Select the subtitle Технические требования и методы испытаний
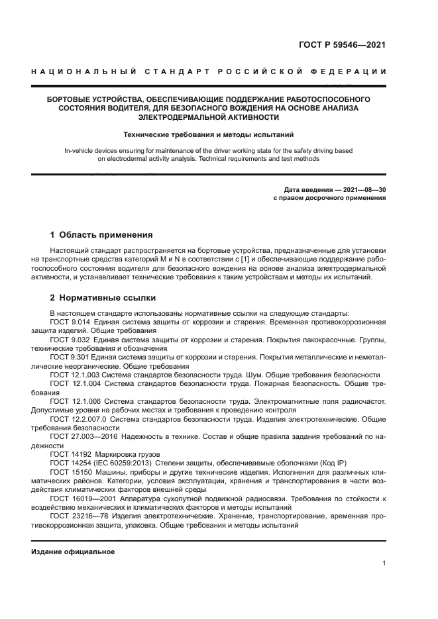(x=208, y=134)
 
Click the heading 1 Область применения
(x=101, y=234)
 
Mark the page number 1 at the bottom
(x=384, y=563)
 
